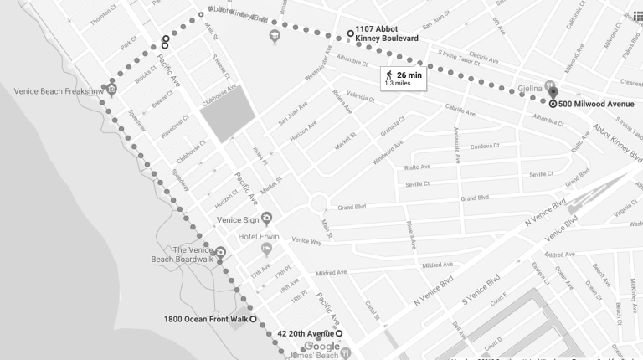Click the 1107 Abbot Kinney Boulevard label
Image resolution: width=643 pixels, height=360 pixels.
coord(386,33)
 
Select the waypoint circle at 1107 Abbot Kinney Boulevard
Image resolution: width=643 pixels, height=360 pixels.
coord(350,33)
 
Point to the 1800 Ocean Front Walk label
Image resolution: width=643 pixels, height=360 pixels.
coord(206,319)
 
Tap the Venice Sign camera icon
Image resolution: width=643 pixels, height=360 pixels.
coord(267,219)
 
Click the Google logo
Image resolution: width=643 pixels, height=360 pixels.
coord(322,347)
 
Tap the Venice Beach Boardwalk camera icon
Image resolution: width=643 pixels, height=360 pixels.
coord(220,251)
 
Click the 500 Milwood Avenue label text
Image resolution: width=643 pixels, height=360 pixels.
coord(596,104)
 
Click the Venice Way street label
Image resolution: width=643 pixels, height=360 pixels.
coord(306,241)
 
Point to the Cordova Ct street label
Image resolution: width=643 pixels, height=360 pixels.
coord(484,147)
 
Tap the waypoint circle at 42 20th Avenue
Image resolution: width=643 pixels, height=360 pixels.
coord(339,335)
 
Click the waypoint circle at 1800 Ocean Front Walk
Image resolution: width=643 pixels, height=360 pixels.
coord(253,319)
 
